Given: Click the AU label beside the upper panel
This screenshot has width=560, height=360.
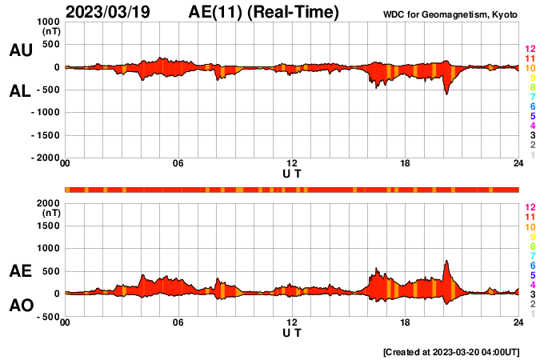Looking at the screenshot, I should coord(20,50).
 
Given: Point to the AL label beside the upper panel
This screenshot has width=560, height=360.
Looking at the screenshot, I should coord(20,91).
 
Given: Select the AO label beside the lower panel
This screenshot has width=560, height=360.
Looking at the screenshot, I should coord(20,306).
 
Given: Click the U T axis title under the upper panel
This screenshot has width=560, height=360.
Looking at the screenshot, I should coord(292,174).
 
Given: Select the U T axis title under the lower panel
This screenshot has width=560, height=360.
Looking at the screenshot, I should coord(292,332).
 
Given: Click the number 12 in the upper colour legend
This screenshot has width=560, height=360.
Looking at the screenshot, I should coord(529,50).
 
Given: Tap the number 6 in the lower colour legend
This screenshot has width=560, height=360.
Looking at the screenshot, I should coord(531,265).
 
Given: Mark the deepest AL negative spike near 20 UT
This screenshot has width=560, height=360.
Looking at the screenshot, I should coord(446,94).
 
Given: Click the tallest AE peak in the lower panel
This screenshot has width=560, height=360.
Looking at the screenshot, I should coord(446,261).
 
